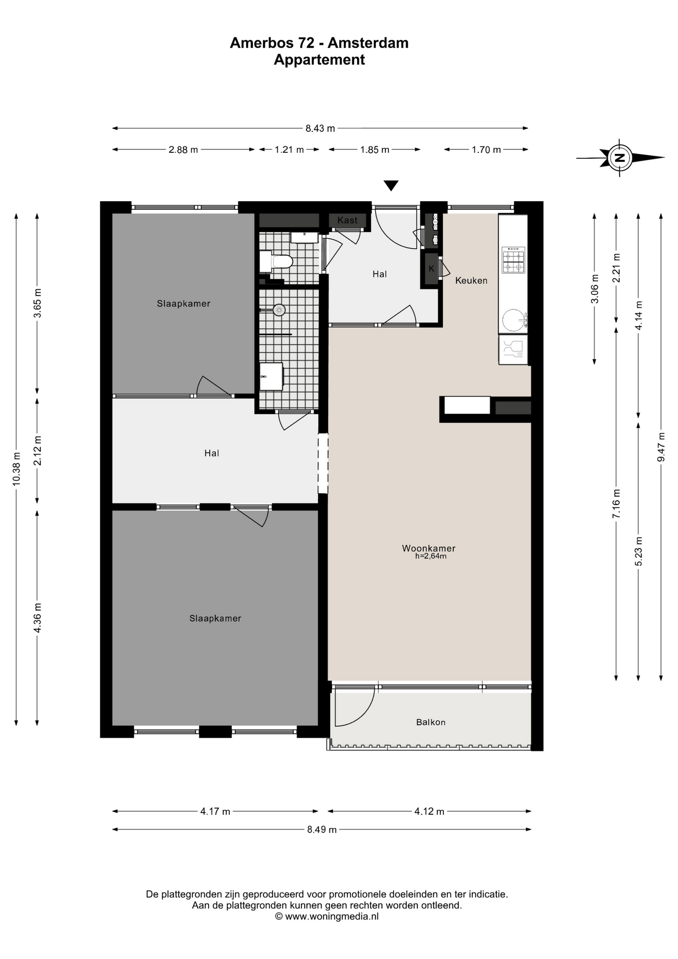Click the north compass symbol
click(x=620, y=158)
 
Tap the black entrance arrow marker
click(x=391, y=186)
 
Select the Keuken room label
click(x=471, y=281)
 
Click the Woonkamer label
click(x=429, y=548)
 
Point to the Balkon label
click(x=431, y=722)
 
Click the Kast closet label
click(x=347, y=220)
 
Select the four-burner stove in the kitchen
click(x=514, y=260)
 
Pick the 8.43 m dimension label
click(x=320, y=128)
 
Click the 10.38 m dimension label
click(x=16, y=469)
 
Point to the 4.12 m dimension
click(x=429, y=811)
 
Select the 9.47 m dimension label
click(x=661, y=447)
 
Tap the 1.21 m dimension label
click(x=290, y=149)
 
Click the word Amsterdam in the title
click(x=368, y=43)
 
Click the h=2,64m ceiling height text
click(x=431, y=556)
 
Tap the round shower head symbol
click(x=279, y=310)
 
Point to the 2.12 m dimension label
click(x=37, y=451)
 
